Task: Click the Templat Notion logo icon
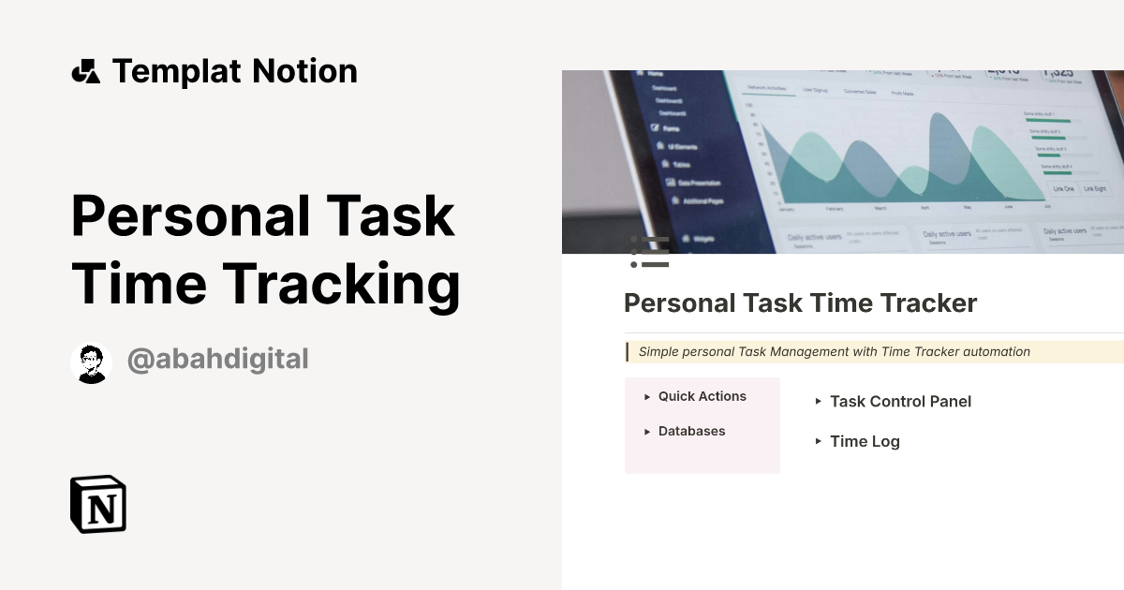coord(85,71)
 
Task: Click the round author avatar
coord(91,362)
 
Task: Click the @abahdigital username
coord(217,359)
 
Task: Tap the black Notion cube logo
coord(98,505)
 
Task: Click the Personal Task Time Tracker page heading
coord(800,303)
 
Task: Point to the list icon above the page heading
coord(649,253)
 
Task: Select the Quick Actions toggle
coord(702,396)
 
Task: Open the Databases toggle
coord(691,431)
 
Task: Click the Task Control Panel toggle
coord(899,402)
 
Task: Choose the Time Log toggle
coord(864,442)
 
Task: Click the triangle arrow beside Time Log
coord(819,441)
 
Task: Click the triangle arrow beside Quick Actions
coord(647,397)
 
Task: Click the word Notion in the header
coord(310,71)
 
